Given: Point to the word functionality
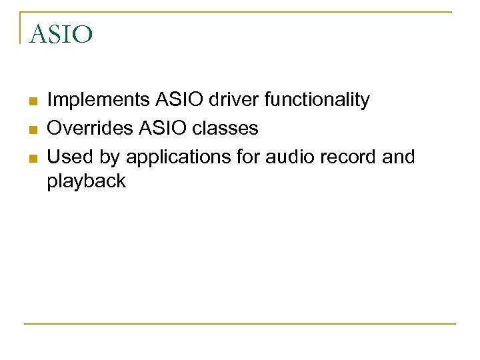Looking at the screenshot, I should pyautogui.click(x=317, y=101).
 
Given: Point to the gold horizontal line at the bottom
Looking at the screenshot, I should pyautogui.click(x=240, y=324).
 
